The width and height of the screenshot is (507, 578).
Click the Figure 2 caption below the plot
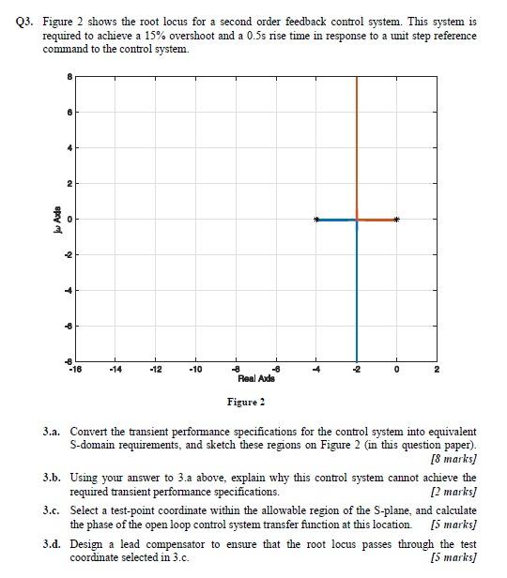coord(245,402)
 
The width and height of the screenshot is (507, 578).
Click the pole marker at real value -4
coord(316,220)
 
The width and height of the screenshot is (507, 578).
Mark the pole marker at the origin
coord(396,220)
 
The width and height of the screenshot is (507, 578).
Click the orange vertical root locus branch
coord(357,141)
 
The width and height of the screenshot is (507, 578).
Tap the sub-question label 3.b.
coord(53,478)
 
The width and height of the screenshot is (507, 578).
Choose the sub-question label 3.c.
coord(53,510)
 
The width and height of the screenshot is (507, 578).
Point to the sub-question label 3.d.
coord(53,544)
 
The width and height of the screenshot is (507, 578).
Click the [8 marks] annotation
coord(453,461)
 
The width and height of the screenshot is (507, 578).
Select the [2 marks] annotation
coord(453,492)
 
